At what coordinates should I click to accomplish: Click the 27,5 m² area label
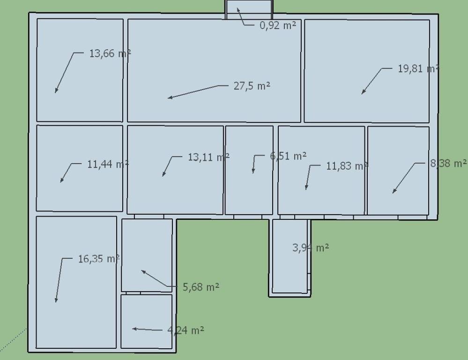pyautogui.click(x=252, y=86)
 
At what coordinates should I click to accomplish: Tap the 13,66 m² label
pyautogui.click(x=110, y=53)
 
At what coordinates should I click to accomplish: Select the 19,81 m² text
pyautogui.click(x=418, y=69)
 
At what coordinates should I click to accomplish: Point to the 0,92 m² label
pyautogui.click(x=278, y=25)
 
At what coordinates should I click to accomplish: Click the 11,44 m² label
pyautogui.click(x=108, y=164)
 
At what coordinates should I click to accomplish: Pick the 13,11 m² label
pyautogui.click(x=208, y=157)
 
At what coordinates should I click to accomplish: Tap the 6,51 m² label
pyautogui.click(x=288, y=156)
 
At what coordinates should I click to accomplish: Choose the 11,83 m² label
pyautogui.click(x=347, y=166)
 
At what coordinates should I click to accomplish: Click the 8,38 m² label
pyautogui.click(x=449, y=164)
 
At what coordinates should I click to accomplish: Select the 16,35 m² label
pyautogui.click(x=99, y=259)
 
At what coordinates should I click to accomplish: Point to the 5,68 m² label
pyautogui.click(x=201, y=287)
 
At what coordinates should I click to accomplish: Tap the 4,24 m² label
pyautogui.click(x=186, y=330)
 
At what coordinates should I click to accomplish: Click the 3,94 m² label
pyautogui.click(x=311, y=247)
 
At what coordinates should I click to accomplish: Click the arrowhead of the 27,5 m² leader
pyautogui.click(x=168, y=97)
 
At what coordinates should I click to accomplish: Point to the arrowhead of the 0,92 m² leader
pyautogui.click(x=238, y=8)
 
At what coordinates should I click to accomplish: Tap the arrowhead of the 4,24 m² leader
pyautogui.click(x=133, y=329)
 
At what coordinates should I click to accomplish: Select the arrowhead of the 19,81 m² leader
pyautogui.click(x=362, y=94)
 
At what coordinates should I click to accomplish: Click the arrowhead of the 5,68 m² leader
pyautogui.click(x=142, y=270)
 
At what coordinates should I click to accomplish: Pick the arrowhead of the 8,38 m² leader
pyautogui.click(x=393, y=193)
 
